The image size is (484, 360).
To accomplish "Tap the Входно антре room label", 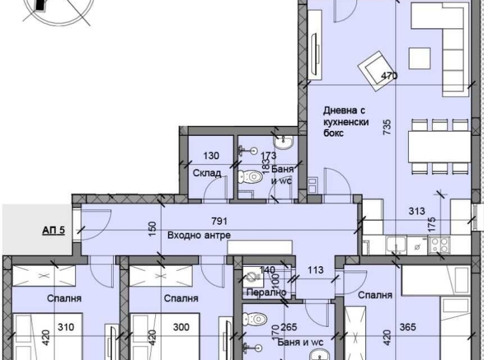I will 198,235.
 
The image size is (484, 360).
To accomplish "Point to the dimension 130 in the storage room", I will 211,156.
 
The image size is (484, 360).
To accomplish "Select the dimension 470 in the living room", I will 389,76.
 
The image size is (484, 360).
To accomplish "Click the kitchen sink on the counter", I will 396,243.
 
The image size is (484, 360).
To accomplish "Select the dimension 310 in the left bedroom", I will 66,327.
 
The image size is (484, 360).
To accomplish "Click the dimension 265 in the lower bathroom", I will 289,327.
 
